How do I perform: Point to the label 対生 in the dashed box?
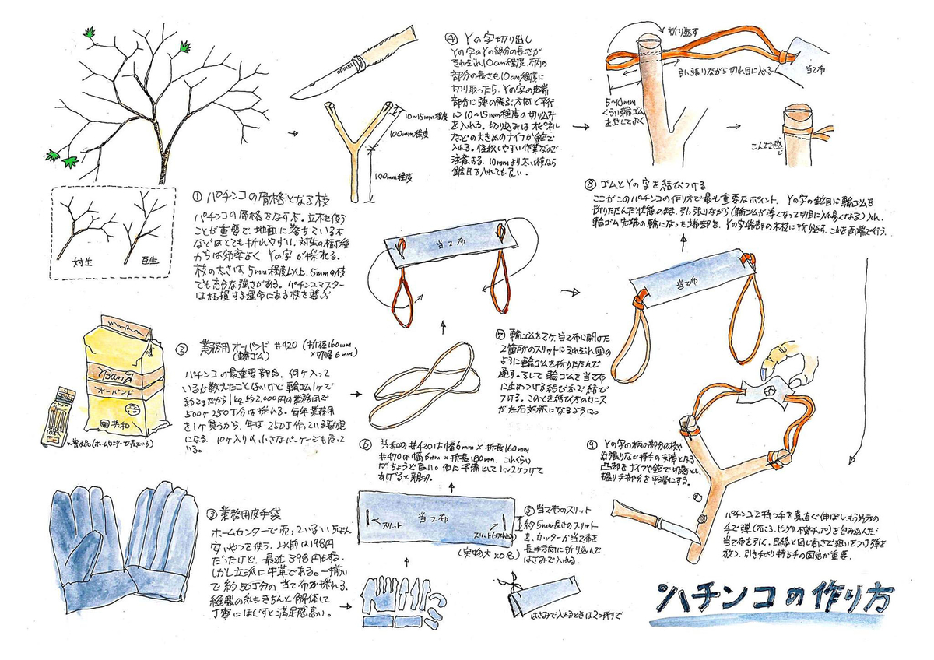coord(78,262)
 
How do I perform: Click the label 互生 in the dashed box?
coord(149,262)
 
